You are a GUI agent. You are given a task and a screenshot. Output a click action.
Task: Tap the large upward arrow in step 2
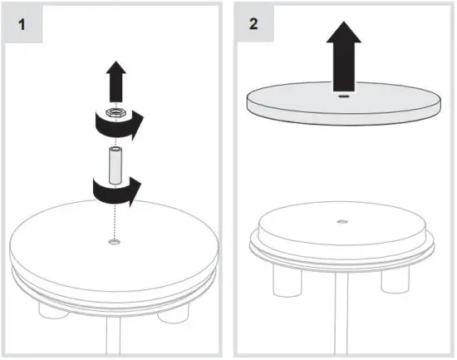(342, 58)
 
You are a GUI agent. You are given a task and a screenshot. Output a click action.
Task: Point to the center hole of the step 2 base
(342, 221)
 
